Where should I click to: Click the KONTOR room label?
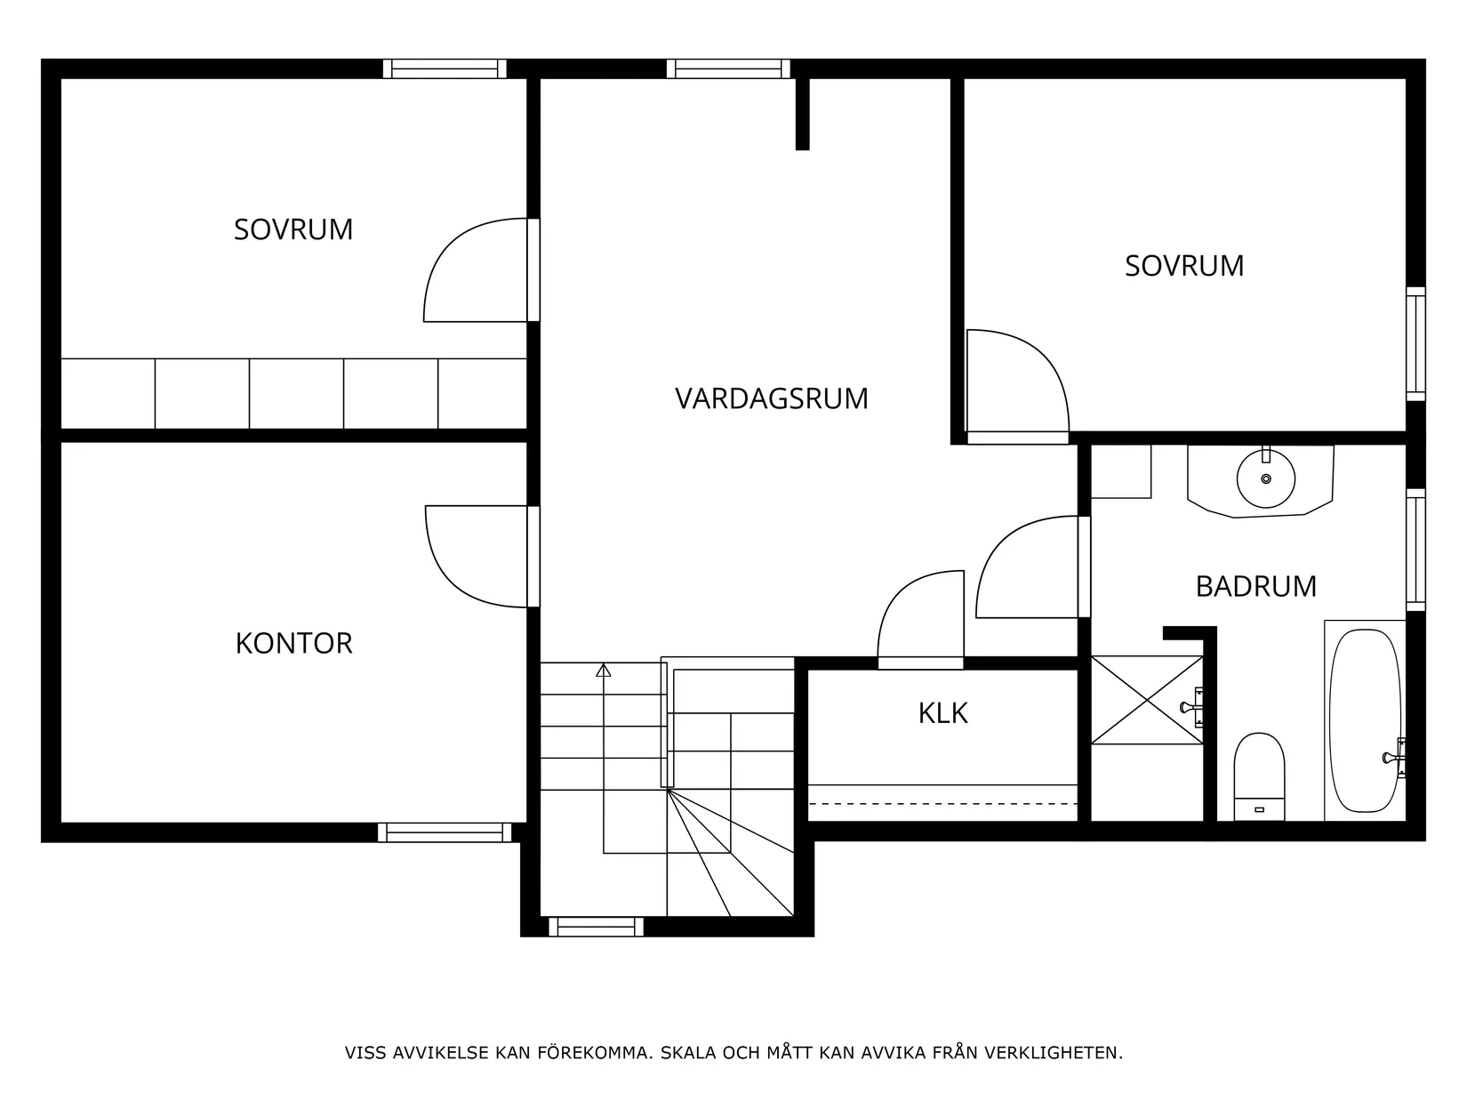[293, 643]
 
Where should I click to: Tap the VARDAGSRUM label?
[771, 398]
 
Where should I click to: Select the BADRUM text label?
[1255, 587]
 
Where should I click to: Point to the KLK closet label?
[942, 713]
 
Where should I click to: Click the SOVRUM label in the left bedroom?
[293, 229]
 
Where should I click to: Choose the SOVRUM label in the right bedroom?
[1184, 266]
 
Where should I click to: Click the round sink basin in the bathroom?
[1265, 479]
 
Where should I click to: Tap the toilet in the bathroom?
[1259, 775]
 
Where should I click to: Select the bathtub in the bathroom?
[1364, 720]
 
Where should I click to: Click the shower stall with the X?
[1146, 699]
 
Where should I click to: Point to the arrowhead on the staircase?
[604, 670]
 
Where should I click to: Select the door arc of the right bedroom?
[1022, 378]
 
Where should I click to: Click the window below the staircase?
[596, 927]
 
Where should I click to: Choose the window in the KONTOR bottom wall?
[445, 832]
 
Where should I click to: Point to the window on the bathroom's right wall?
[1415, 549]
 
